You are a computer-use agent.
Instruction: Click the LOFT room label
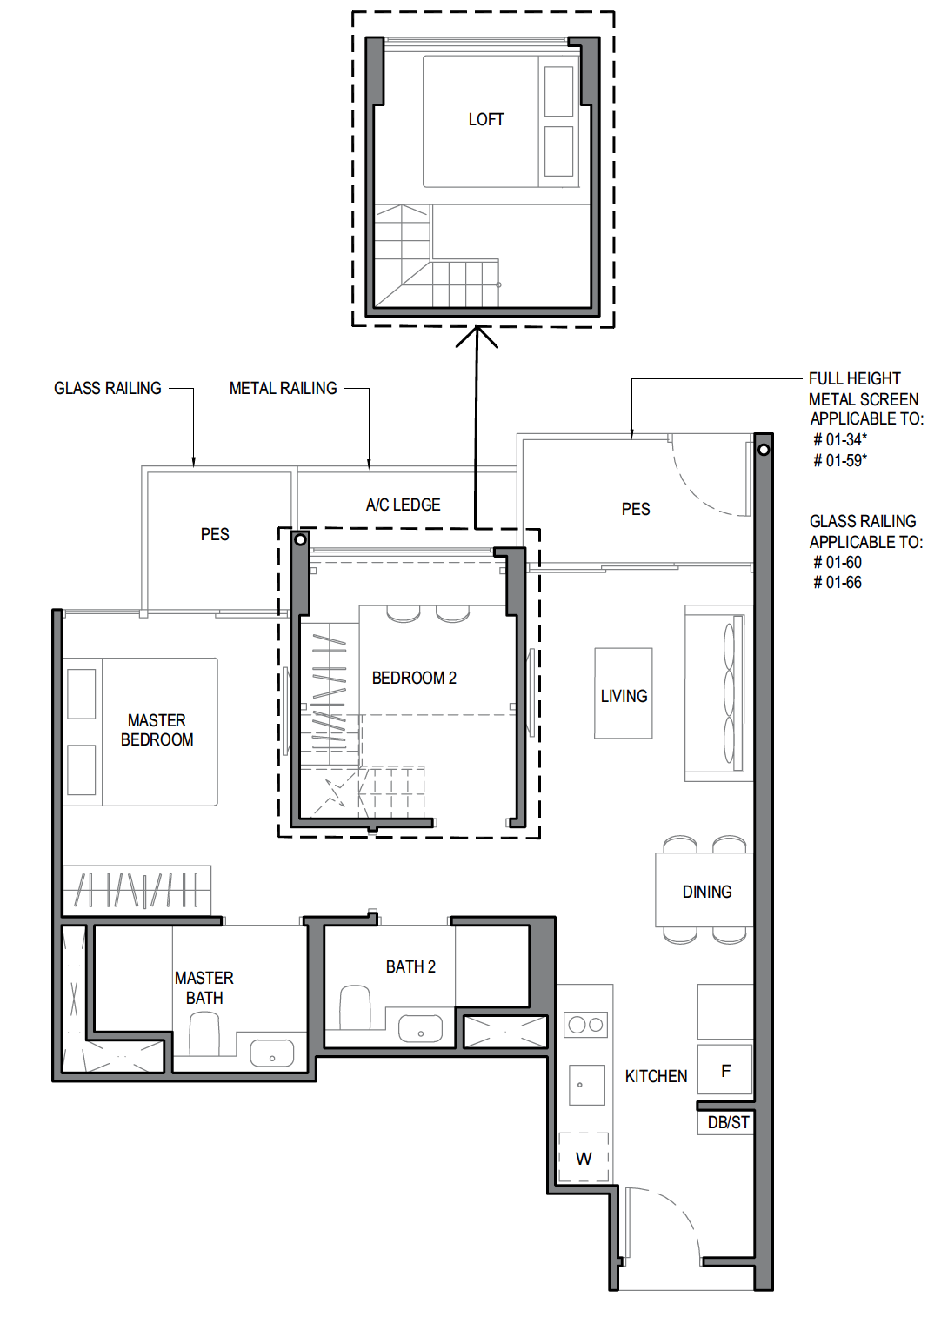485,119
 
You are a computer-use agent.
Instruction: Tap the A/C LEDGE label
403,505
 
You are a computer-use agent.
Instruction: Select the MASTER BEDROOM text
157,730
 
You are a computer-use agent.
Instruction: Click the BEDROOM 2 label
414,678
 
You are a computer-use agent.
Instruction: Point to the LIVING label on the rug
624,696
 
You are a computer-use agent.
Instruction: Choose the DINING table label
706,892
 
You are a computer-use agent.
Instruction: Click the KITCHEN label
656,1076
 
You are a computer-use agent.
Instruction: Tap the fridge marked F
725,1071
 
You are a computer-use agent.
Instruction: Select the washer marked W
584,1159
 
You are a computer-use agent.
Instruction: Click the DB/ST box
727,1123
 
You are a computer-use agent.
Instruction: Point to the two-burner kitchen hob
585,1025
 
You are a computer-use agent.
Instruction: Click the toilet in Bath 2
355,1007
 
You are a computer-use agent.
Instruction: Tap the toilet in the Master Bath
204,1033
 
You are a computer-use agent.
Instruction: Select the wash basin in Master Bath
271,1053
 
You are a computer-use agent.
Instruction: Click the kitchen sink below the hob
586,1085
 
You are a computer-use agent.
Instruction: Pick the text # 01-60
838,563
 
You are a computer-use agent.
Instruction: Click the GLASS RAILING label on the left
108,388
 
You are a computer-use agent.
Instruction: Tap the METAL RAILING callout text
283,388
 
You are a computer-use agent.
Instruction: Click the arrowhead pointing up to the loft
477,336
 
